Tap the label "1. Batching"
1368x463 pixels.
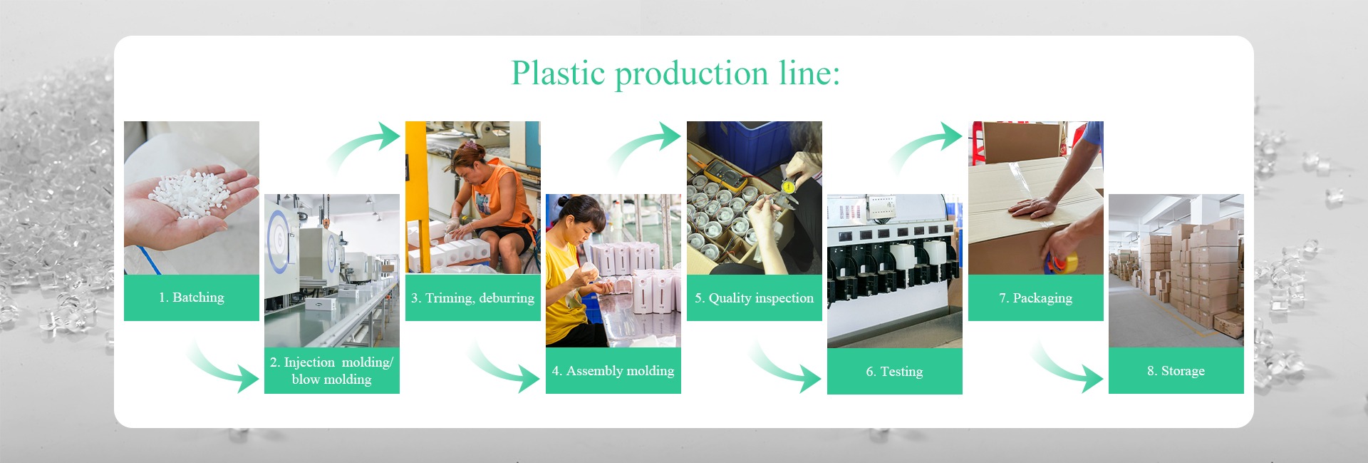[192, 297]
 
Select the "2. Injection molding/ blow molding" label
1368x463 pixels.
[331, 371]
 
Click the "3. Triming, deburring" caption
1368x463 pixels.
[472, 298]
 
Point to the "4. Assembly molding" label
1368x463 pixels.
[613, 371]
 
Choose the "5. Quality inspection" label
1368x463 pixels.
[754, 298]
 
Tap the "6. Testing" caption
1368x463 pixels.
[894, 372]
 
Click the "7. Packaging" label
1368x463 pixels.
[1035, 298]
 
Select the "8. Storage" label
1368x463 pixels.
[1176, 371]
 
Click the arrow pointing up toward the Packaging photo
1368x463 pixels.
[925, 146]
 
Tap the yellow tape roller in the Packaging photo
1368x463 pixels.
[1061, 263]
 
